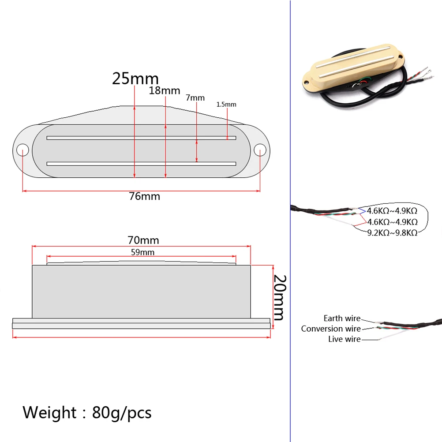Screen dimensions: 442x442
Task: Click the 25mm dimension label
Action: coord(135,79)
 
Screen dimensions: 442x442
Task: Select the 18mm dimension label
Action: coord(165,90)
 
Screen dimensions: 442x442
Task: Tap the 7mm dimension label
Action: coord(195,97)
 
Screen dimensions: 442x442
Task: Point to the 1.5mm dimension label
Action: coord(226,105)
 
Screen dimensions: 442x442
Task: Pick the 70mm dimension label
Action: coord(143,240)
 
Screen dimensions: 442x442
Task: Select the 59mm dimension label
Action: coord(143,252)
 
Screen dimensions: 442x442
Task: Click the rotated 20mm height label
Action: coord(280,297)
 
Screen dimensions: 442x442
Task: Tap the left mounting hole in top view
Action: coord(22,150)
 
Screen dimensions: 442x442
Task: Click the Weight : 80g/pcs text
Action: coord(87,412)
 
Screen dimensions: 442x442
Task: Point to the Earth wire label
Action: coord(342,318)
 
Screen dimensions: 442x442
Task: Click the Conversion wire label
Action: coord(331,329)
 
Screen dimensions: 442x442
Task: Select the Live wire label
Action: coord(344,339)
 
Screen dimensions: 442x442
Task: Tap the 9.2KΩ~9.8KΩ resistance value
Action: coord(392,232)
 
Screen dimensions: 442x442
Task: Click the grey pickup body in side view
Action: coord(141,291)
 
